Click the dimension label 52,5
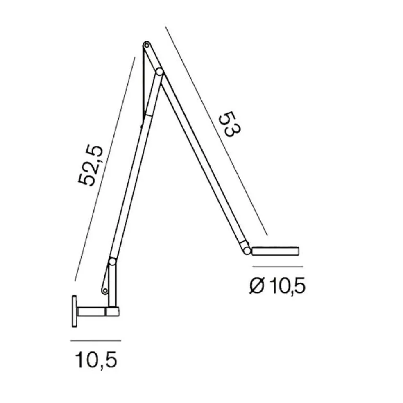click(91, 166)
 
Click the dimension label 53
click(229, 125)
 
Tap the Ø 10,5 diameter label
click(277, 286)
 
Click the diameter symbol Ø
click(257, 286)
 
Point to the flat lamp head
click(275, 251)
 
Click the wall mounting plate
click(74, 311)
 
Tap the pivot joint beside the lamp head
click(247, 251)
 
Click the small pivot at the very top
click(147, 45)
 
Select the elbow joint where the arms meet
click(159, 72)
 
